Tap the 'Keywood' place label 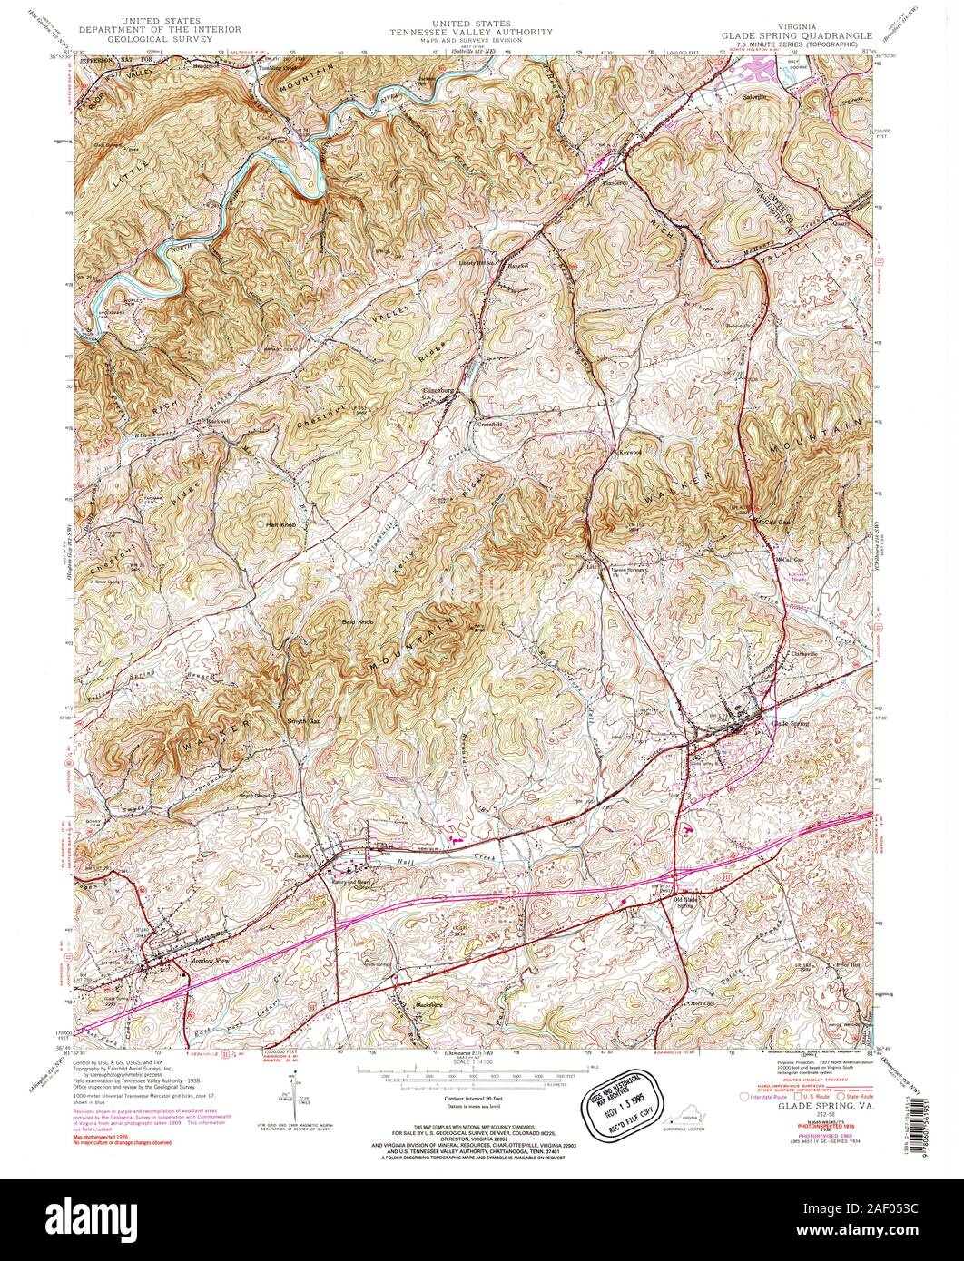coord(631,451)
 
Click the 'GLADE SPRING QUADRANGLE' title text coord(796,36)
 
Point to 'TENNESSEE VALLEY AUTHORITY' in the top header coord(471,32)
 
